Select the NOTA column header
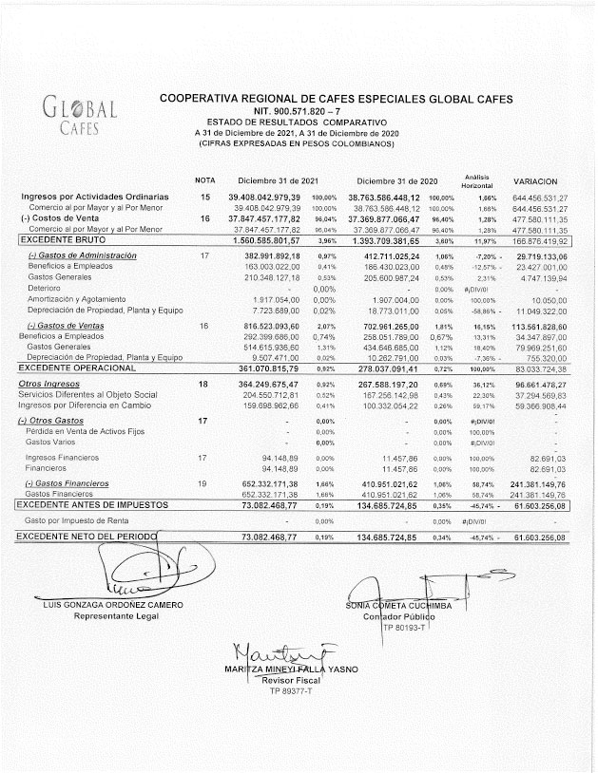tap(205, 180)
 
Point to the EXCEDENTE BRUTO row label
tap(61, 241)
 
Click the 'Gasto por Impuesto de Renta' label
tap(76, 521)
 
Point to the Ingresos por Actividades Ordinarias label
tap(95, 197)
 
